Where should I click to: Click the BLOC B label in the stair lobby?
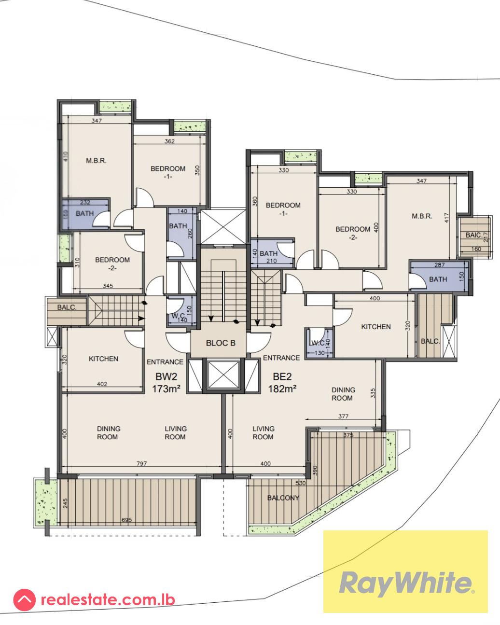pyautogui.click(x=221, y=343)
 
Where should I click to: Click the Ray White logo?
pyautogui.click(x=405, y=583)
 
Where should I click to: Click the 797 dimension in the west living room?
pyautogui.click(x=141, y=464)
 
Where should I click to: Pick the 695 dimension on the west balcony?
pyautogui.click(x=126, y=520)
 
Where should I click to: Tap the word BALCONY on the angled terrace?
pyautogui.click(x=283, y=498)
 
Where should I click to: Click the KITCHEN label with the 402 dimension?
pyautogui.click(x=103, y=359)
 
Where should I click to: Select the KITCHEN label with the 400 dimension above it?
pyautogui.click(x=376, y=327)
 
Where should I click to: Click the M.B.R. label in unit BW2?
pyautogui.click(x=96, y=161)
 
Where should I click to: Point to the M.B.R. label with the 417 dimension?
pyautogui.click(x=421, y=216)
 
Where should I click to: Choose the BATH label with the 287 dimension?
pyautogui.click(x=438, y=279)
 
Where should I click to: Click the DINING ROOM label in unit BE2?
pyautogui.click(x=343, y=394)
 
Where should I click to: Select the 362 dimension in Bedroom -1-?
pyautogui.click(x=169, y=141)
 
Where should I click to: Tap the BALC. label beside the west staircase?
pyautogui.click(x=65, y=306)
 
